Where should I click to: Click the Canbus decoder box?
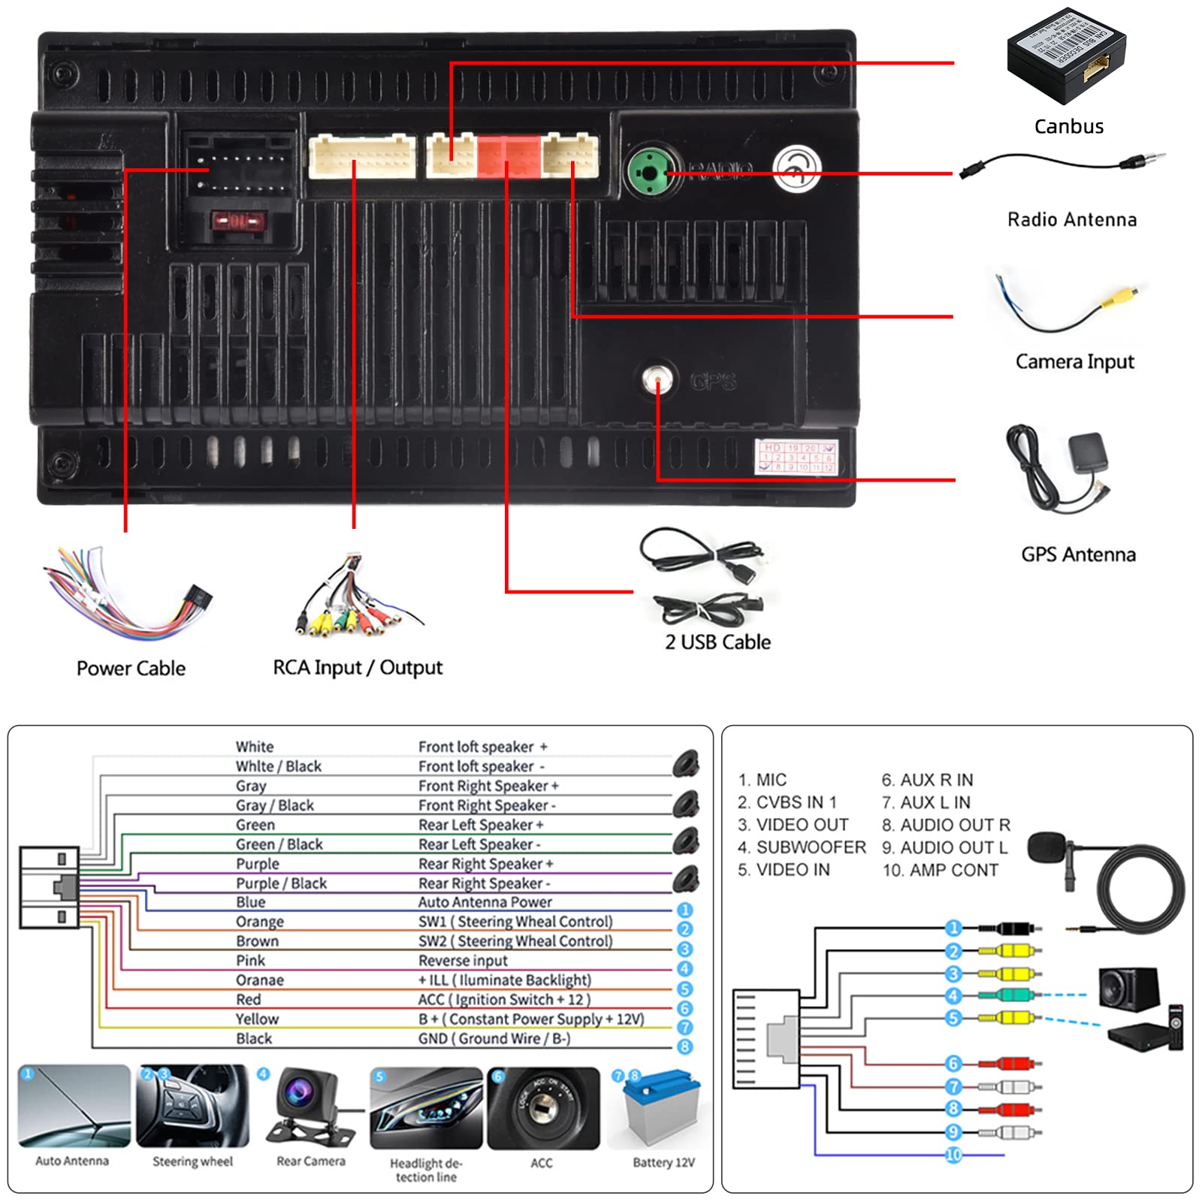coord(1066,56)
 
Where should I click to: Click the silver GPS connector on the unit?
coord(658,379)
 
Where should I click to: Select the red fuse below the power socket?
coord(238,222)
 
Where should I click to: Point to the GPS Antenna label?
coord(1078,554)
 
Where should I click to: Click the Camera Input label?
coord(1074,361)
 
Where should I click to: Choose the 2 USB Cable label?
coord(717,642)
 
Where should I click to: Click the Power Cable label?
coord(131,668)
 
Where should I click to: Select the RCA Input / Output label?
coord(358,667)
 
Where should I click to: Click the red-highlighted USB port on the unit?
coord(509,156)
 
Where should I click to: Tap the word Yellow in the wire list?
coord(257,1019)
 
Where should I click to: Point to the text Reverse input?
coord(463,960)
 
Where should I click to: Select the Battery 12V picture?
coord(662,1108)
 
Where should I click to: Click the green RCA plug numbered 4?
coord(1007,995)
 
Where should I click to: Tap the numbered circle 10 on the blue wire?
coord(953,1154)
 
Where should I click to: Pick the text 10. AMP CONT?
coord(941,870)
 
